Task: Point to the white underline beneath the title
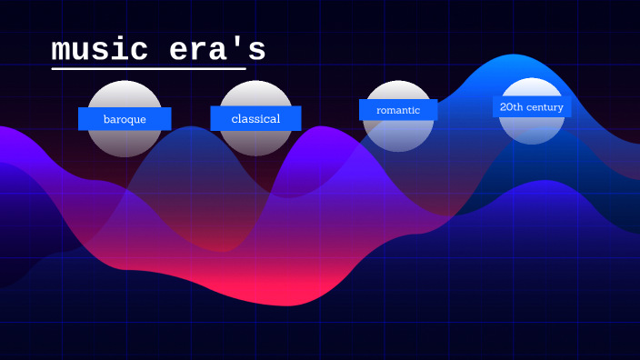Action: [149, 68]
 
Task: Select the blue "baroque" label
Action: [125, 119]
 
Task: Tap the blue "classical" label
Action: [255, 118]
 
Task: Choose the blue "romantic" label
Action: [398, 110]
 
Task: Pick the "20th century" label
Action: [532, 107]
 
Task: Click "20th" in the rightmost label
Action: [511, 107]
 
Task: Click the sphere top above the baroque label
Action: [125, 94]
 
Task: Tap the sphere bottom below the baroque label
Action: [125, 143]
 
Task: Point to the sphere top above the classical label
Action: [255, 93]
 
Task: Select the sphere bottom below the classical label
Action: [255, 143]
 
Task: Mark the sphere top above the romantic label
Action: [398, 90]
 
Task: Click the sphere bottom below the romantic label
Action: [398, 135]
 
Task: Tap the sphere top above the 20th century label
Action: [532, 87]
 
